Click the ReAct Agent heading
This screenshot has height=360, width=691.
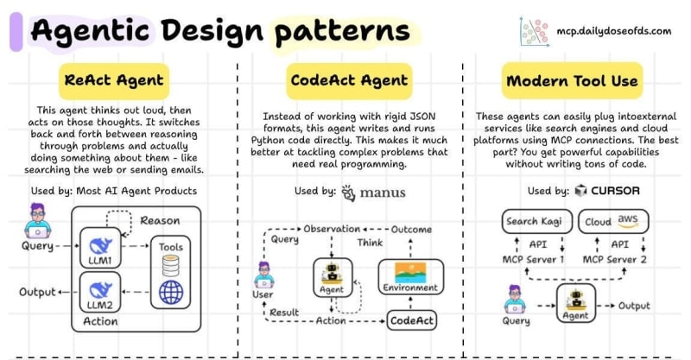[x=113, y=81]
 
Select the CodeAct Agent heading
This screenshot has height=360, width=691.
[x=347, y=81]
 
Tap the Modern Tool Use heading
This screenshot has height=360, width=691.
[x=573, y=81]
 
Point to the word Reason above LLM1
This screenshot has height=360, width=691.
[x=160, y=220]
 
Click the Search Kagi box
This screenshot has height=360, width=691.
[x=534, y=221]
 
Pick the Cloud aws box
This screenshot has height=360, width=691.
[x=612, y=221]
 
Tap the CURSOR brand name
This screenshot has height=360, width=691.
[x=622, y=191]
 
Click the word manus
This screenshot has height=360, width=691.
[x=381, y=192]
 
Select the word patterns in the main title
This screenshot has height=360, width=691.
[x=342, y=32]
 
